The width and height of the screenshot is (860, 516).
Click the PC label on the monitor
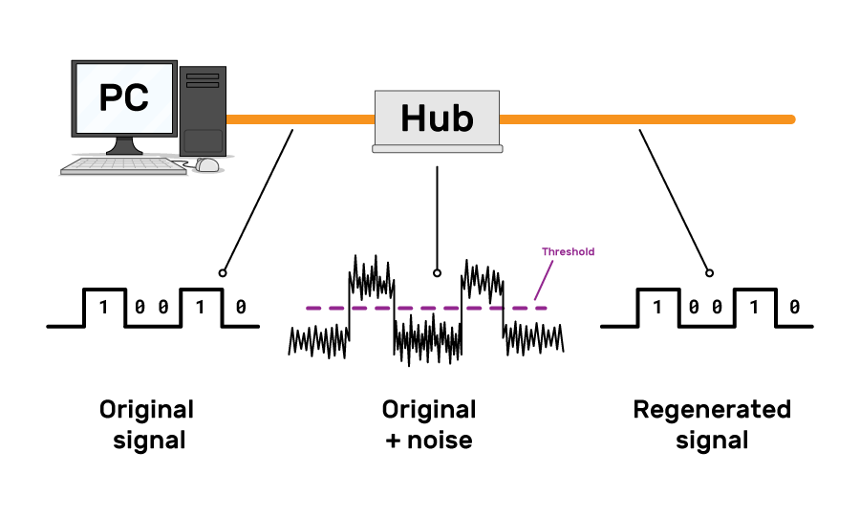point(124,98)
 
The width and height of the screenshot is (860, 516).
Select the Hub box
point(437,119)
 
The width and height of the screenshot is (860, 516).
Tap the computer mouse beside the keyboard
point(207,164)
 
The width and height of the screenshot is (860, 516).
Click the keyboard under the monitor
point(123,166)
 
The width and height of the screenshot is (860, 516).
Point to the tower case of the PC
point(203,110)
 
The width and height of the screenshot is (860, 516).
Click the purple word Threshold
point(568,252)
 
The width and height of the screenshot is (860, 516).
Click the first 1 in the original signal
point(104,308)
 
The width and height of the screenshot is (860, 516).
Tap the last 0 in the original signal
point(240,308)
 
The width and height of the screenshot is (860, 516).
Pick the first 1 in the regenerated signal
point(657,308)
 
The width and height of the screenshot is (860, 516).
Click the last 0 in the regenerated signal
point(794,308)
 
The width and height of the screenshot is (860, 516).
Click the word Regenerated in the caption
point(712,410)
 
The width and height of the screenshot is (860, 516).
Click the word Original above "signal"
point(146,410)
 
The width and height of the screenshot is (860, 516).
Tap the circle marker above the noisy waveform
point(437,272)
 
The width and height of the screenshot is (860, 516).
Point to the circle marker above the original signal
point(223,272)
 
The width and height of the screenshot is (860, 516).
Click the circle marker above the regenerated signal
point(707,272)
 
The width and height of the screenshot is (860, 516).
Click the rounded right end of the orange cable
point(790,119)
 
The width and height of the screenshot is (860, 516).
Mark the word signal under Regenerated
point(712,441)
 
